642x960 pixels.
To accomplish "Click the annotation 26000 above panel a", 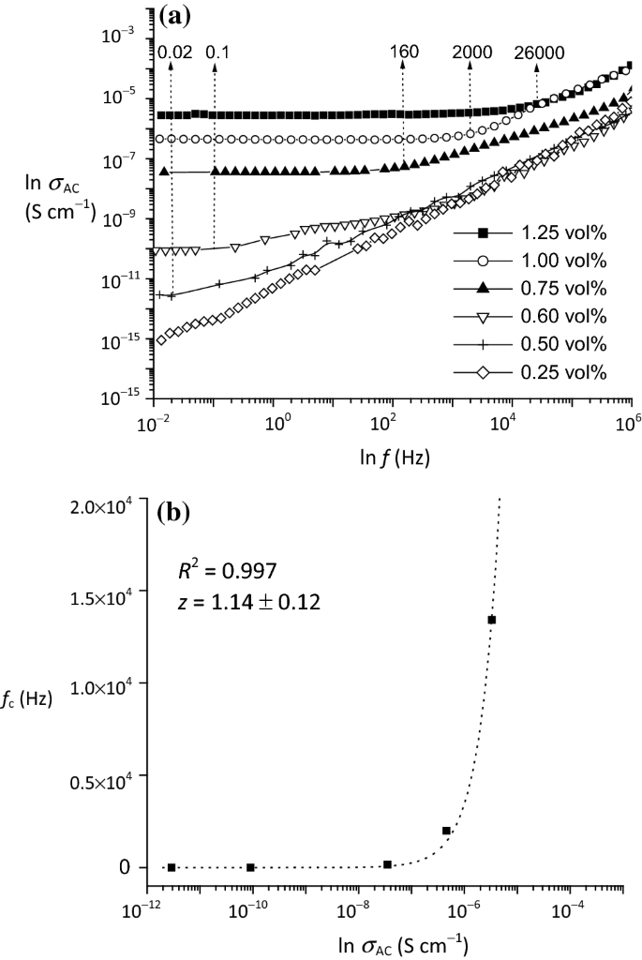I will click(539, 52).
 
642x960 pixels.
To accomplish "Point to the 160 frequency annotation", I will click(404, 52).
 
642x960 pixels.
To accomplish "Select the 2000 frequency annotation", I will click(471, 52).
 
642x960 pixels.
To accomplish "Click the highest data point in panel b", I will click(491, 620).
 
